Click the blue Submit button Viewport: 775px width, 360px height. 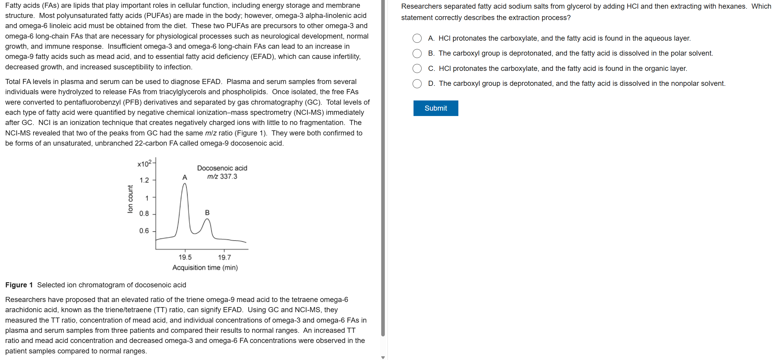(435, 108)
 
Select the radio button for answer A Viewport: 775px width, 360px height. (417, 38)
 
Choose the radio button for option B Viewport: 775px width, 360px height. (417, 54)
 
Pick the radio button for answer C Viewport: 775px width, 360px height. (417, 68)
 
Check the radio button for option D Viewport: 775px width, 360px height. (417, 84)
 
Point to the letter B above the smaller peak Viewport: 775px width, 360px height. (207, 213)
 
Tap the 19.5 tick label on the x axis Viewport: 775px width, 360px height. (185, 257)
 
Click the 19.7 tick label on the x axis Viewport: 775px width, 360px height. (224, 257)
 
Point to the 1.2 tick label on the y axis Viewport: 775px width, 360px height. (144, 180)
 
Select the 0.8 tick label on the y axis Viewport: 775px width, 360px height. (144, 213)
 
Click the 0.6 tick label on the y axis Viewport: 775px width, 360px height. (144, 231)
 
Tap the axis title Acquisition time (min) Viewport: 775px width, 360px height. (205, 268)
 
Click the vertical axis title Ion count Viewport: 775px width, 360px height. (130, 199)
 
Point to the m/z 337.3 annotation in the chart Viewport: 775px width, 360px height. (222, 176)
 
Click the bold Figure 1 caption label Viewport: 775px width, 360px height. (19, 285)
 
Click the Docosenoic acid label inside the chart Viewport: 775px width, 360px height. (222, 168)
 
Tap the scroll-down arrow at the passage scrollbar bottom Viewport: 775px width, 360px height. (383, 357)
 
